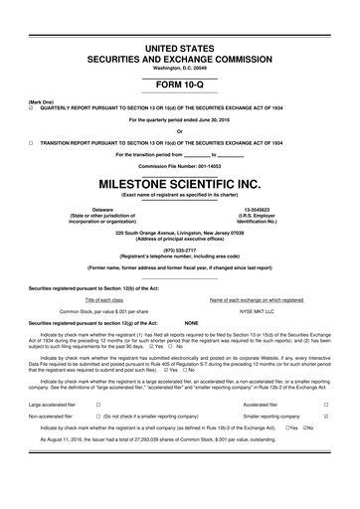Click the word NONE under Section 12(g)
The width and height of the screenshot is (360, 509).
193,323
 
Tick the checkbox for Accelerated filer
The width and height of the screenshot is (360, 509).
339,432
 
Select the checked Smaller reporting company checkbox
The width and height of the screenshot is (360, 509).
339,446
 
